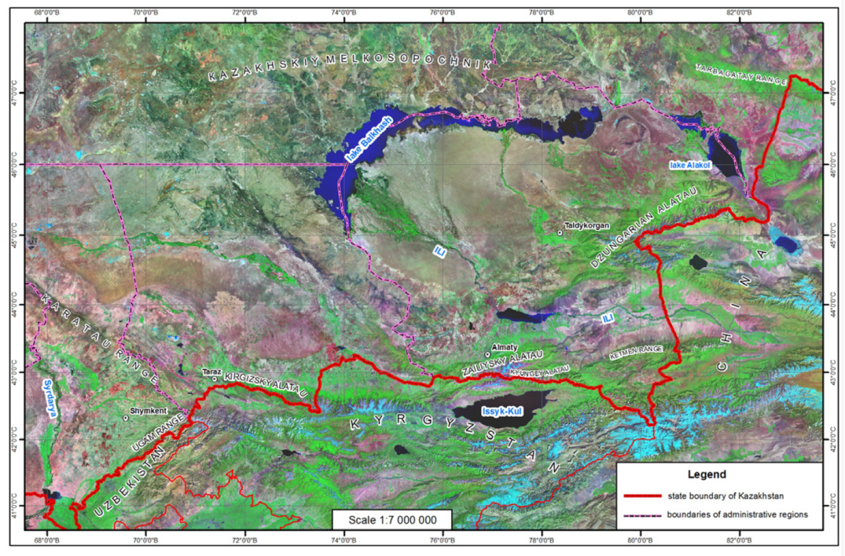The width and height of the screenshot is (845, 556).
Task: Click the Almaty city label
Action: click(505, 347)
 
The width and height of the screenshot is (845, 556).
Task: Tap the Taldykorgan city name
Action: click(588, 225)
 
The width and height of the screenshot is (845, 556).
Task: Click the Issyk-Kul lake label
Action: click(502, 412)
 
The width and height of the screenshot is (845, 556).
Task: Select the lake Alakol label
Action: click(689, 165)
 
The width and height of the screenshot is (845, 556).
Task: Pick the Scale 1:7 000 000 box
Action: click(392, 519)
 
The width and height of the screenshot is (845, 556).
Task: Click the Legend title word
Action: click(706, 474)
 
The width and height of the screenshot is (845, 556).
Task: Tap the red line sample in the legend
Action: click(640, 495)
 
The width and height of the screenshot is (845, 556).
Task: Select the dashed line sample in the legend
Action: click(640, 514)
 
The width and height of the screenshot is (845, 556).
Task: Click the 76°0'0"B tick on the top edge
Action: click(442, 13)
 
